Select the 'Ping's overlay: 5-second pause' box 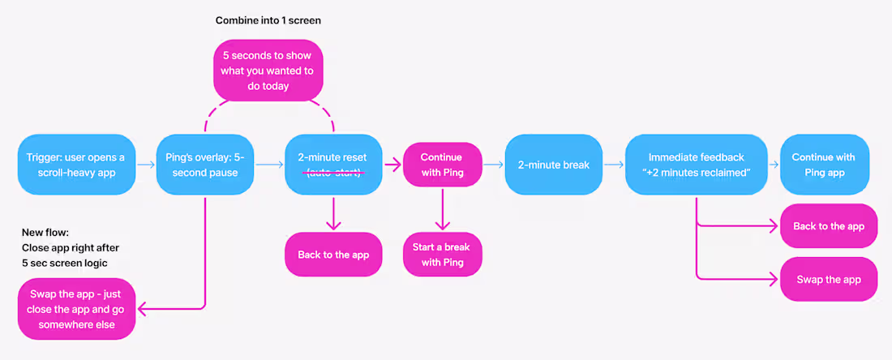tap(205, 165)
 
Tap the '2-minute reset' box tap(333, 165)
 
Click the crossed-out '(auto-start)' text tap(333, 173)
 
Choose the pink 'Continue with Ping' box tap(442, 165)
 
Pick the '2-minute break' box tap(554, 165)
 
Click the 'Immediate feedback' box tap(697, 165)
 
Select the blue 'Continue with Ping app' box tap(825, 165)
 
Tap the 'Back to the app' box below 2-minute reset tap(333, 255)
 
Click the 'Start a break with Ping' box tap(442, 255)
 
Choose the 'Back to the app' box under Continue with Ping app tap(829, 225)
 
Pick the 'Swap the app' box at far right tap(829, 279)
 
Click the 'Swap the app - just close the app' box tap(77, 309)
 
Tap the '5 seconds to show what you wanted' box tap(268, 71)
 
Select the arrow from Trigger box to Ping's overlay tap(146, 165)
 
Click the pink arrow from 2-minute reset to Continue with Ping tap(392, 165)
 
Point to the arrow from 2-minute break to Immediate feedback tap(614, 165)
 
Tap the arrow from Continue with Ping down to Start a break tap(442, 208)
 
